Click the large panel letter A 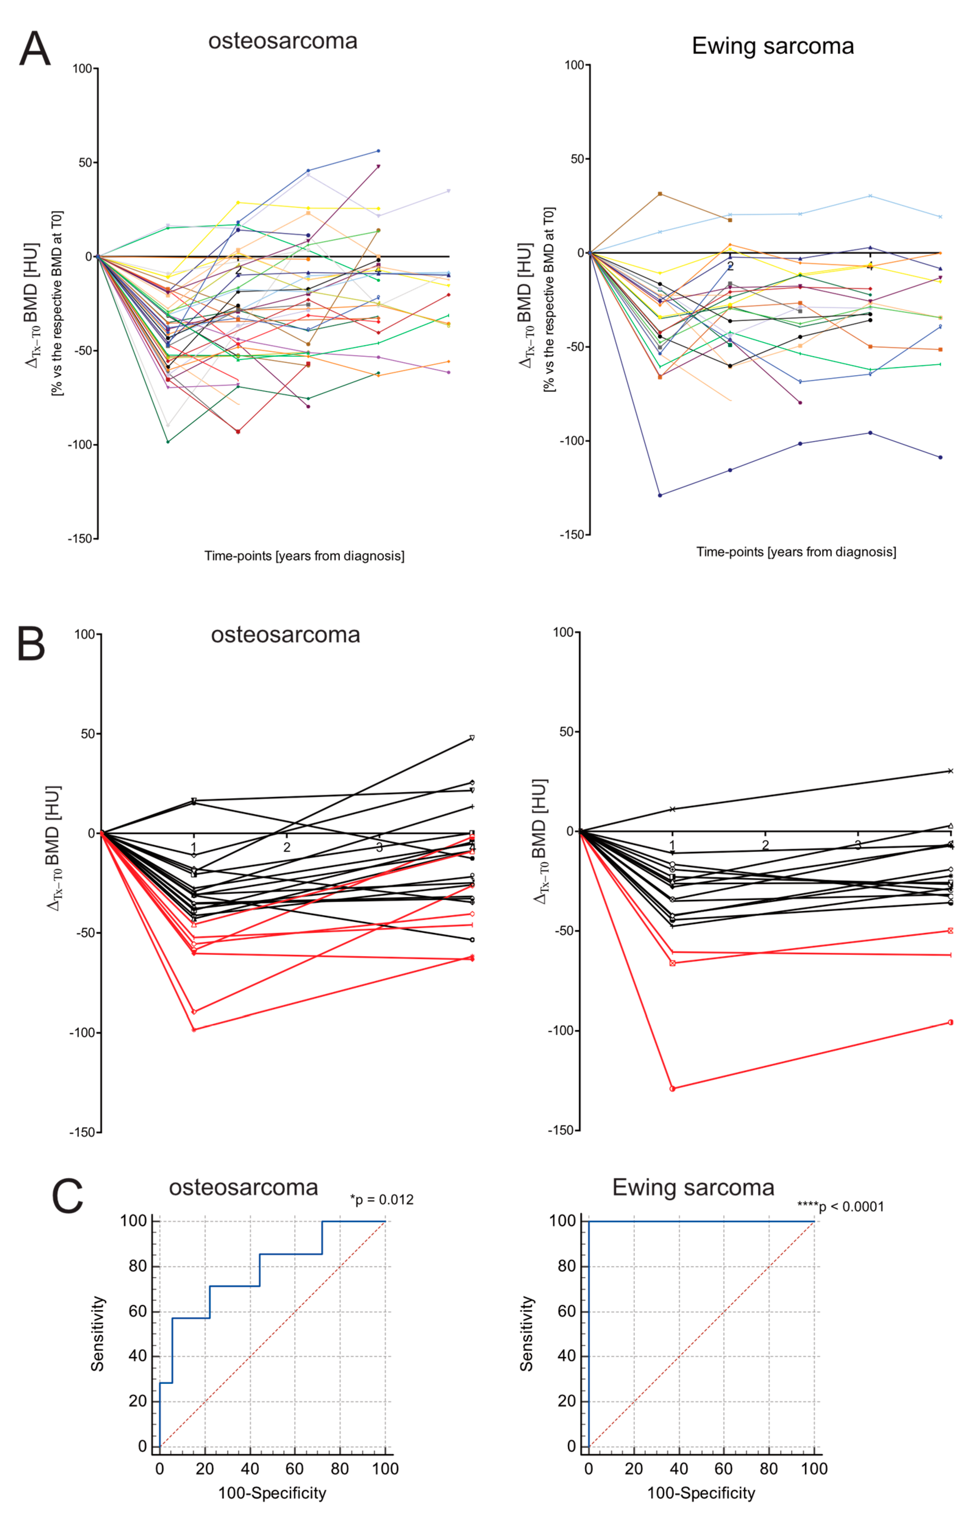pos(34,49)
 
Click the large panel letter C pos(67,1196)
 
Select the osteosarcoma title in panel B pos(285,634)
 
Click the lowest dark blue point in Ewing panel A pos(660,495)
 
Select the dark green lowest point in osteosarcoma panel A pos(168,441)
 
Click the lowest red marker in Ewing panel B pos(672,1089)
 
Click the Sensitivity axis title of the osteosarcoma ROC pos(98,1334)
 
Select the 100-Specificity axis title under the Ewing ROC pos(701,1493)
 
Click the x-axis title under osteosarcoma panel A pos(304,556)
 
